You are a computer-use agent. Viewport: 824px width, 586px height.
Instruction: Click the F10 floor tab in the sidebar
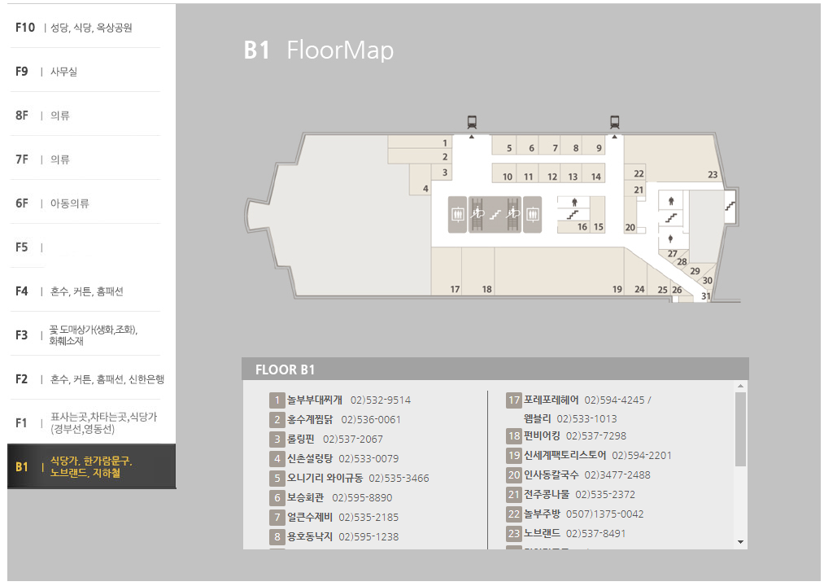(73, 28)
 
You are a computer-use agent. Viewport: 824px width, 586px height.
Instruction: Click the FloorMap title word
(340, 50)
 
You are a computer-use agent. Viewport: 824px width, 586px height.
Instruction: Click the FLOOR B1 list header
(285, 370)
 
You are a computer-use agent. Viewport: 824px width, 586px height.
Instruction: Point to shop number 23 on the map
(713, 175)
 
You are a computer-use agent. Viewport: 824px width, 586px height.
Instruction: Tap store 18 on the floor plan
(486, 289)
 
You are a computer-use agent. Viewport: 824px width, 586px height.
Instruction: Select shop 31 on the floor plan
(705, 296)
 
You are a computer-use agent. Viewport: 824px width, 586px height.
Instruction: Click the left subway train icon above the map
(472, 122)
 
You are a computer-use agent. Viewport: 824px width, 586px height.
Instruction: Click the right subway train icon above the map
(614, 122)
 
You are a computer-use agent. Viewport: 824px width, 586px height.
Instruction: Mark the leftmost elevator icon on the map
(457, 214)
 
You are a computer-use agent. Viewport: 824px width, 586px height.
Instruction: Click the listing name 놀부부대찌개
(314, 400)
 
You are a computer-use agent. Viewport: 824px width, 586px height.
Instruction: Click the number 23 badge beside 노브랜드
(513, 534)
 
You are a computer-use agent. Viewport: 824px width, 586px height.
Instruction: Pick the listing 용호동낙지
(309, 537)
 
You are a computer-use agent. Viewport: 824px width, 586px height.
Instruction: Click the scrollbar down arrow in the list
(740, 541)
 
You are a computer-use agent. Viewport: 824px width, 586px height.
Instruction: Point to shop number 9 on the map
(599, 148)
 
